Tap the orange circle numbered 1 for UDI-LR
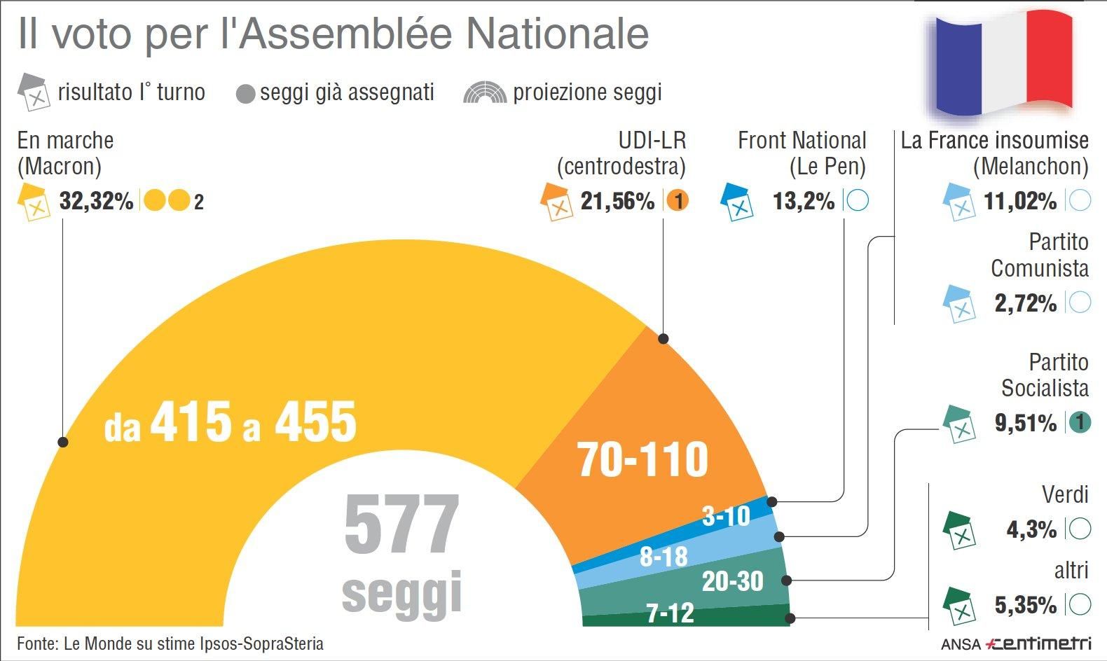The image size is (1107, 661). [x=677, y=202]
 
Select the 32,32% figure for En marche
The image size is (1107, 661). [x=96, y=202]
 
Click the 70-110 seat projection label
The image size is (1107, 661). [x=642, y=459]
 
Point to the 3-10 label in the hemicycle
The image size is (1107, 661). [x=726, y=517]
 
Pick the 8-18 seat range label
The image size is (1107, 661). [x=663, y=557]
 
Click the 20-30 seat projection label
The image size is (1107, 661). [x=732, y=581]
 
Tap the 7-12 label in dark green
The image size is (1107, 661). [x=670, y=613]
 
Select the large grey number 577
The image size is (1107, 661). [x=401, y=524]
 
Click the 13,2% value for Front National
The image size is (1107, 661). [x=804, y=202]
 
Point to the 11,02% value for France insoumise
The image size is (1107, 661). [x=1020, y=202]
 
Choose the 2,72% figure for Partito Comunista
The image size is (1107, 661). [x=1025, y=303]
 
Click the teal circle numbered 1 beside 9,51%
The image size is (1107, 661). [x=1080, y=422]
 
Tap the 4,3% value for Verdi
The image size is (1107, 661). [x=1031, y=529]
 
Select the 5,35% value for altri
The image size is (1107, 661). [x=1025, y=604]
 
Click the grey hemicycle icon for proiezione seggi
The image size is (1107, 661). [x=484, y=93]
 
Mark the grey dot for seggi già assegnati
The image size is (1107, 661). [x=245, y=94]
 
